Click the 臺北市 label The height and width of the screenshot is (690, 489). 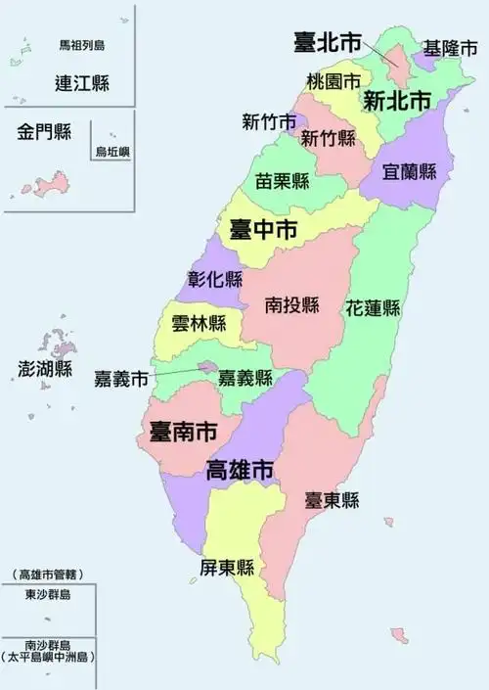[x=328, y=42]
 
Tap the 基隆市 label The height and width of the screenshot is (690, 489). [x=449, y=47]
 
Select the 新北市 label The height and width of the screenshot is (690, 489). [x=396, y=100]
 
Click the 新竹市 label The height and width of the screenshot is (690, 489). [x=269, y=122]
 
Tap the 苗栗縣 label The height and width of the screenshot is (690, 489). [x=283, y=181]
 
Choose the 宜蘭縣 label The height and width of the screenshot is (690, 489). [x=410, y=172]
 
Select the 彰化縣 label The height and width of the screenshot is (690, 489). [x=214, y=278]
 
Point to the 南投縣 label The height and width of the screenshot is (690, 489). [x=292, y=305]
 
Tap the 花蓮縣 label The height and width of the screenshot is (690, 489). [x=373, y=307]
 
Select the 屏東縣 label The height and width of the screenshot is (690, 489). [x=227, y=568]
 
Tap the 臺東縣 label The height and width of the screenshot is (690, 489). [x=331, y=500]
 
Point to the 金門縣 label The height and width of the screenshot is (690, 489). [x=44, y=132]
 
